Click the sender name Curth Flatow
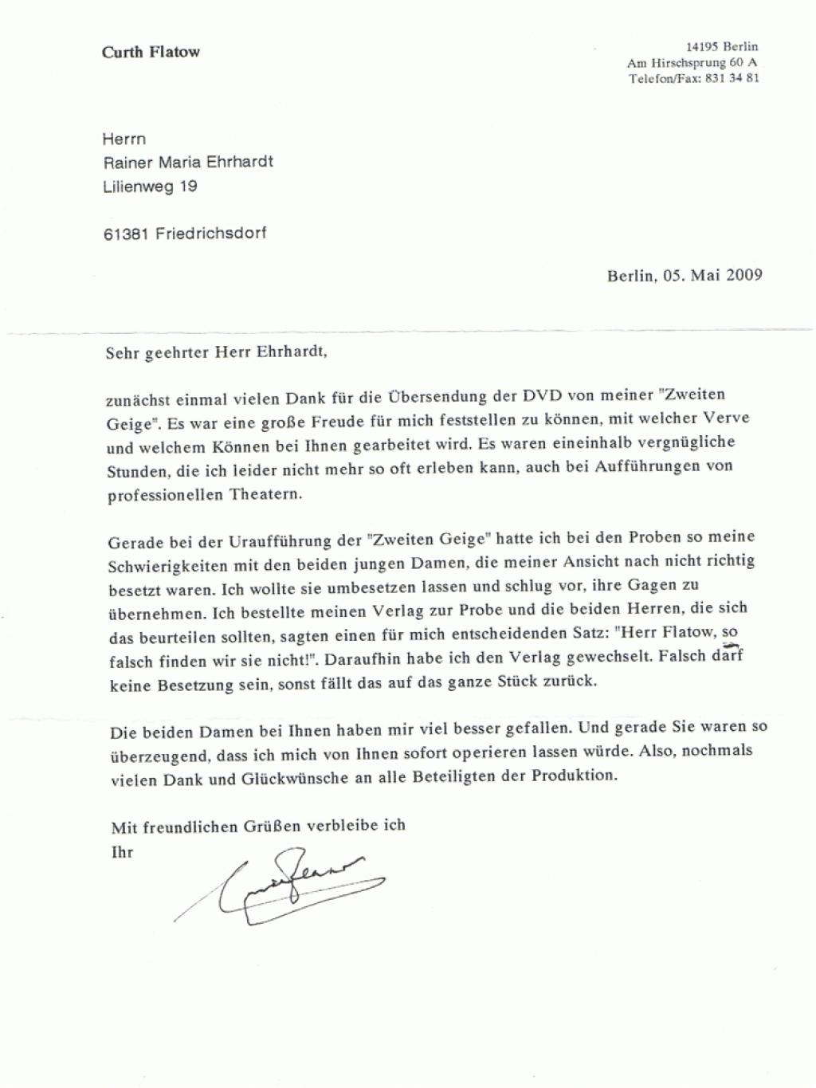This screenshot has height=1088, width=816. (x=151, y=53)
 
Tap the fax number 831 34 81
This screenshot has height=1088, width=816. (x=732, y=78)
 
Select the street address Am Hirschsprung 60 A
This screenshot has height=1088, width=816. (x=692, y=62)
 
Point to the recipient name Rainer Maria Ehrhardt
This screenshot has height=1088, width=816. (x=187, y=162)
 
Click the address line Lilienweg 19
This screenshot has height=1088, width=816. (x=150, y=187)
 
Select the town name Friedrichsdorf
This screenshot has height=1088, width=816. (x=211, y=234)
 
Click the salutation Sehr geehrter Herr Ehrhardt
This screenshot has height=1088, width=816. (x=217, y=352)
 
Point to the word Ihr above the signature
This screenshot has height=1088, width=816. (x=122, y=852)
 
